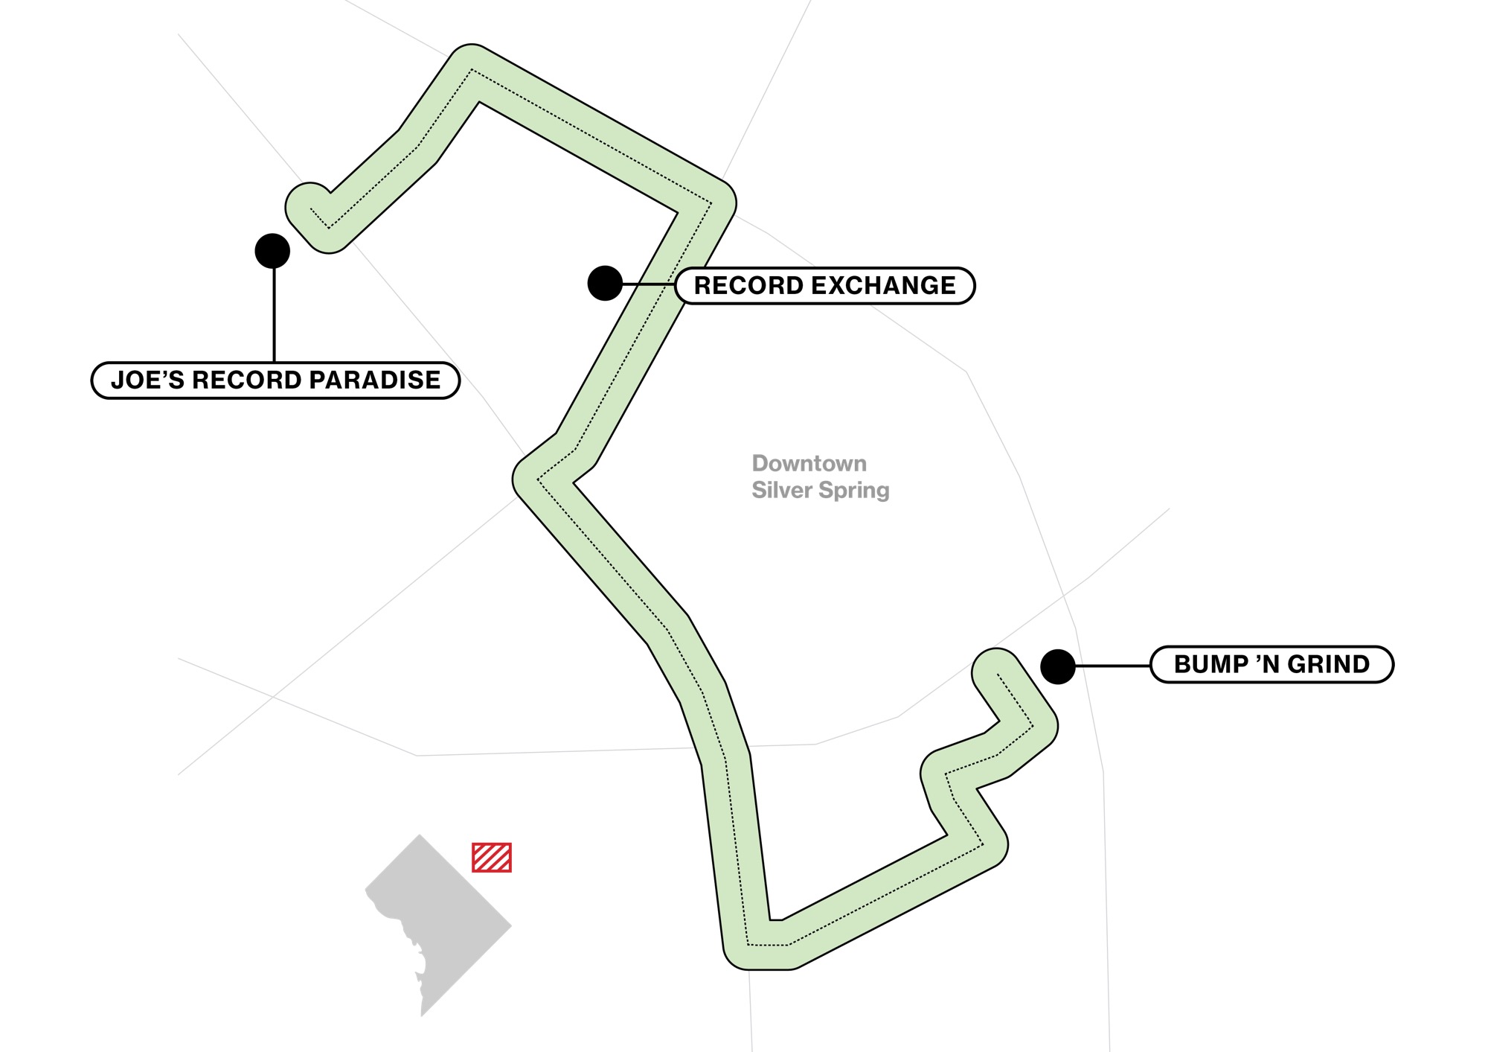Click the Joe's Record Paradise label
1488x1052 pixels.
coord(275,380)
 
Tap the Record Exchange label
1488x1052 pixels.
coord(825,285)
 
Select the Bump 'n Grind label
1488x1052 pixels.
coord(1271,664)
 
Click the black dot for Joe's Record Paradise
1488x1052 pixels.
coord(272,251)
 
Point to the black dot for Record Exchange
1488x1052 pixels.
coord(605,284)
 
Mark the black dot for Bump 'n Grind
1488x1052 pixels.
coord(1057,666)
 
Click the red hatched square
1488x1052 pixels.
coord(492,858)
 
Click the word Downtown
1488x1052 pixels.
coord(809,463)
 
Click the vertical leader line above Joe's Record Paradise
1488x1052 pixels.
coord(274,316)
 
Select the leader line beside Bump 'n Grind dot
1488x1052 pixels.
coord(1113,666)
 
